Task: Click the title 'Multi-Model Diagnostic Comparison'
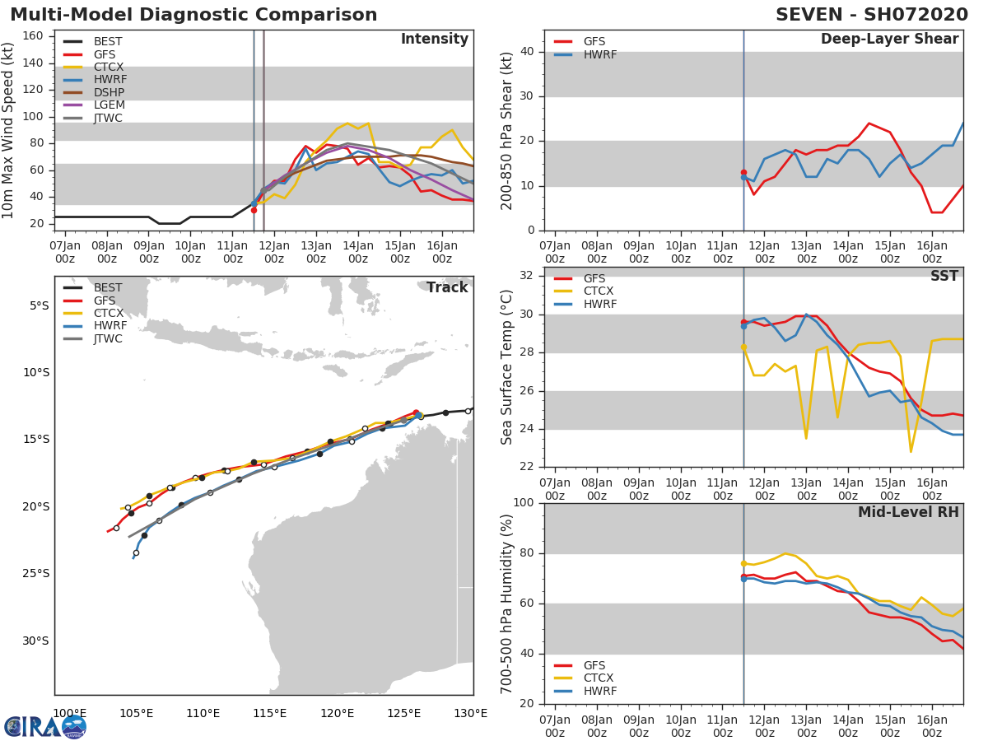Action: pos(193,15)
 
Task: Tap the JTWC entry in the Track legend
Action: pos(108,338)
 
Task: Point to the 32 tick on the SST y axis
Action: pos(527,276)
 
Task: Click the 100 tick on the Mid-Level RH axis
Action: pos(523,503)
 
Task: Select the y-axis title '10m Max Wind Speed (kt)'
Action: pos(9,130)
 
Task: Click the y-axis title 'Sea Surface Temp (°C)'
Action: pos(507,367)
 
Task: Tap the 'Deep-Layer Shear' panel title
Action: pos(889,40)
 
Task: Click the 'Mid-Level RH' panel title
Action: pos(908,512)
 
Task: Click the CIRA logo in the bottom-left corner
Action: pos(45,726)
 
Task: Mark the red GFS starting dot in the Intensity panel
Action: pos(254,210)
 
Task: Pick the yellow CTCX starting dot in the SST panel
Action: pos(743,347)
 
